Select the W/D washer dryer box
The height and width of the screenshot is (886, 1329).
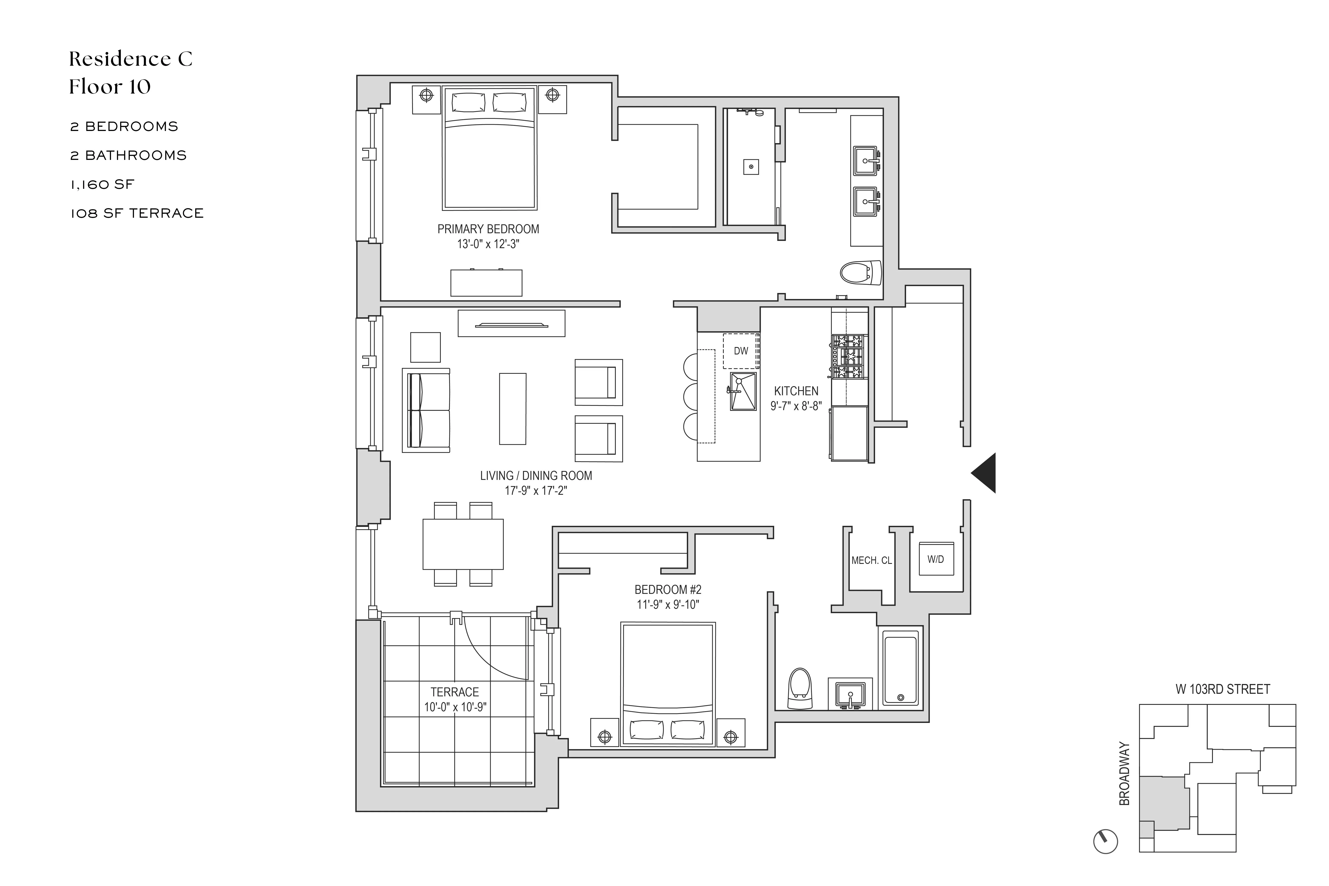tap(936, 559)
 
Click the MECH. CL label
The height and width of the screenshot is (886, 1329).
tap(871, 560)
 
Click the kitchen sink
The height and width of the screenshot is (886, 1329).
tap(743, 391)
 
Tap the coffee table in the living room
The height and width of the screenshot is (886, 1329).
tap(512, 408)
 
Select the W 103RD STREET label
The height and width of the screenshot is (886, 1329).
tap(1223, 689)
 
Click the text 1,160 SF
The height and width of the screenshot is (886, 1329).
tap(102, 184)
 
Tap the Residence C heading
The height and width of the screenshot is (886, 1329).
tap(131, 59)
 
